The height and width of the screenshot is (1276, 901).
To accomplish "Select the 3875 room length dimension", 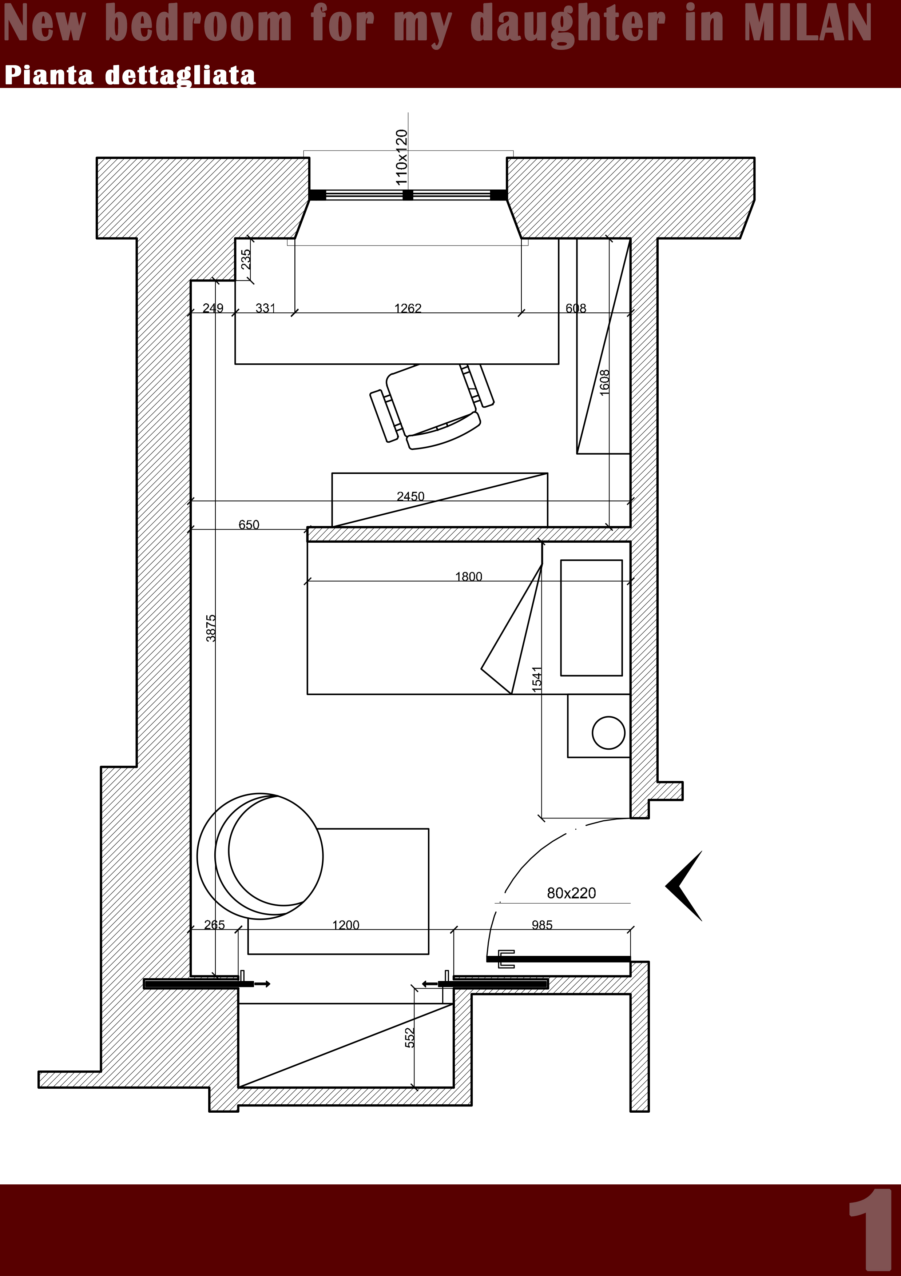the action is point(211,628).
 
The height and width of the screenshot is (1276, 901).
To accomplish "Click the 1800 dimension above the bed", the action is point(469,576).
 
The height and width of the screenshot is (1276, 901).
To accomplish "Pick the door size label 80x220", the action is point(571,893).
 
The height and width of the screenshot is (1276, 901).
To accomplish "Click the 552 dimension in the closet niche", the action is point(410,1038).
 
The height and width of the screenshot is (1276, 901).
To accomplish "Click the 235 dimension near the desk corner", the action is point(246,259).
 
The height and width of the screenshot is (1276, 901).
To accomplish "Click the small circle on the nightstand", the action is point(609,733).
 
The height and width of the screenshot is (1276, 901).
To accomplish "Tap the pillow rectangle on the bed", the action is point(591,618).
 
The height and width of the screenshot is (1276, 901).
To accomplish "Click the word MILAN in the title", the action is point(807,23).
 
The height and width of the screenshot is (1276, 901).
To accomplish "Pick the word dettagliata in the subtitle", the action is point(180,75).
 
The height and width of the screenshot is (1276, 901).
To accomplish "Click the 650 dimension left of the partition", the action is point(249,525).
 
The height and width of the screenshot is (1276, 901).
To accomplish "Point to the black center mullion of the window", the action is point(408,195).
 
